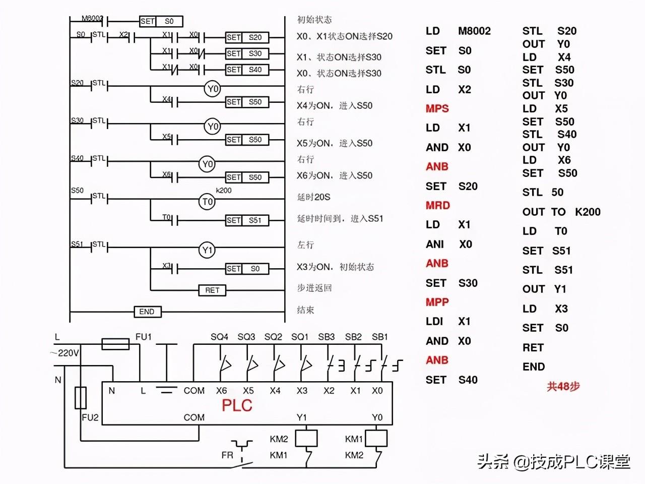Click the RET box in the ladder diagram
click(x=212, y=290)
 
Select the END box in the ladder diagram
click(x=147, y=312)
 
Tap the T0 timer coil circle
click(x=208, y=202)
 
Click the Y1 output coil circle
click(x=207, y=250)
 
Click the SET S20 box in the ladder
click(x=247, y=37)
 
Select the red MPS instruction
click(x=437, y=108)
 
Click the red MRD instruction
click(x=437, y=205)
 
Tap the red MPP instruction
click(x=437, y=302)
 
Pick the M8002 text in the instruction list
click(x=474, y=31)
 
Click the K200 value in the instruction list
click(x=588, y=212)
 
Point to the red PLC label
click(x=237, y=405)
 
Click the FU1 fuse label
click(x=144, y=337)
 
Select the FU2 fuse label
click(x=90, y=417)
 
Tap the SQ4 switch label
click(x=219, y=337)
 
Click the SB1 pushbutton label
click(x=379, y=337)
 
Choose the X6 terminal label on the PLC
click(x=221, y=391)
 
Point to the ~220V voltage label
click(x=64, y=353)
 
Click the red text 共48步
click(x=563, y=387)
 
